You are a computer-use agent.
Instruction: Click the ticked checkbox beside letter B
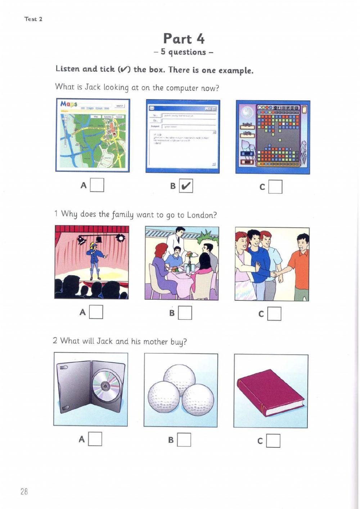coord(186,186)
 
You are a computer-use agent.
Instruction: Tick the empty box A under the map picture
coord(97,185)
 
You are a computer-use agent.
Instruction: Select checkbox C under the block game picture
coord(275,187)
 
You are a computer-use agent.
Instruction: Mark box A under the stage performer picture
coord(96,312)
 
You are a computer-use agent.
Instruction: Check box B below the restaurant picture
coord(185,313)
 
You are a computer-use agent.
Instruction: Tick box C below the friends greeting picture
coord(274,314)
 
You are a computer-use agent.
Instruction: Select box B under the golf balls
coord(184,440)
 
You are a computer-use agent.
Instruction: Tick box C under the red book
coord(273,441)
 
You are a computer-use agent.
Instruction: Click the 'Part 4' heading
coord(184,39)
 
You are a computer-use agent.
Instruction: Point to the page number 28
coord(24,491)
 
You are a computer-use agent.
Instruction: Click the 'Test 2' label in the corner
coord(33,19)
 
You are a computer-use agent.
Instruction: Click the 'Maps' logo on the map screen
coord(69,104)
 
